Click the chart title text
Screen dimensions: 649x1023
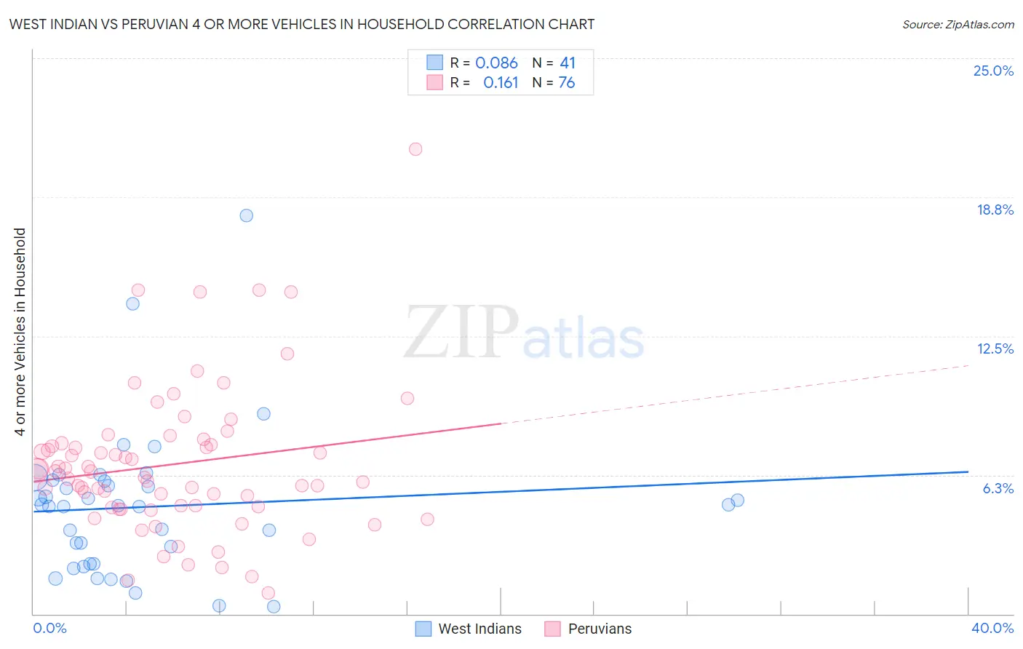(x=301, y=24)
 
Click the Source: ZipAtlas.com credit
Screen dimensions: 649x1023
(x=958, y=24)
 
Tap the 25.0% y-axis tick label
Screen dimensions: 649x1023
(x=993, y=71)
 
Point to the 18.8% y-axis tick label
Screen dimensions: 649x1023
(x=995, y=210)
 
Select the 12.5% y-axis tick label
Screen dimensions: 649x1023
(x=995, y=349)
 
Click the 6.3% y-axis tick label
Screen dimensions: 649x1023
(x=998, y=488)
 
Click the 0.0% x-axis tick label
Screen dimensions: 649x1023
(x=49, y=628)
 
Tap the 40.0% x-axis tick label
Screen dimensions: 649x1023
(x=992, y=628)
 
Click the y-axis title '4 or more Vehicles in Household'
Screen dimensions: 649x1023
(x=20, y=332)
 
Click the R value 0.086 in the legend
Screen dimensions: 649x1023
(x=496, y=63)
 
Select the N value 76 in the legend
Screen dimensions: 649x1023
(x=566, y=83)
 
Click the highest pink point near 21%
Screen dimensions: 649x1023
(x=415, y=149)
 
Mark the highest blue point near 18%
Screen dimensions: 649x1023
(x=247, y=215)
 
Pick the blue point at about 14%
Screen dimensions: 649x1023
(x=132, y=303)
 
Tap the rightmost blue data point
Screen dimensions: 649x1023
(x=738, y=500)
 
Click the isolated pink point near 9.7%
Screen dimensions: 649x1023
(x=407, y=398)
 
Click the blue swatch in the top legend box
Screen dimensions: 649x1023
(x=434, y=63)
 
